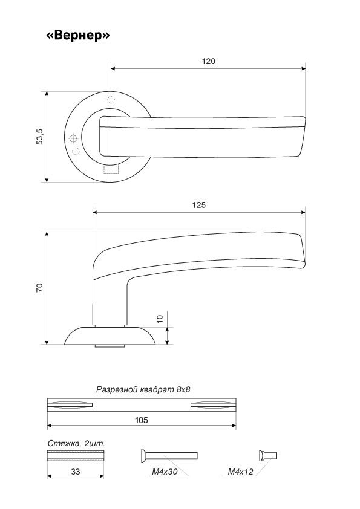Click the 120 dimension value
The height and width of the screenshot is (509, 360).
208,61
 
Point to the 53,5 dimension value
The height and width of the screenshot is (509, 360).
40,137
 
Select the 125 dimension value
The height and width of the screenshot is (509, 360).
199,205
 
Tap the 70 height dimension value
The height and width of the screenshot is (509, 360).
40,288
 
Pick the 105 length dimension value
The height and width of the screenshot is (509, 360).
142,420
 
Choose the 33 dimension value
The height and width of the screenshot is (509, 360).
76,472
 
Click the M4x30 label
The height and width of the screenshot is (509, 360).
165,472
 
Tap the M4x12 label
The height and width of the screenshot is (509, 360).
240,472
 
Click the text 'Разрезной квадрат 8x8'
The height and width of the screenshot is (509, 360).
143,389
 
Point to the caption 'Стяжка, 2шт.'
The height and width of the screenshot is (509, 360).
76,444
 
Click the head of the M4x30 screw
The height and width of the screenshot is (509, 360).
143,455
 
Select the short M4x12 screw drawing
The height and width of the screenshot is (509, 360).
267,455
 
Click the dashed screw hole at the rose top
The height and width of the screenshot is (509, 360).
111,99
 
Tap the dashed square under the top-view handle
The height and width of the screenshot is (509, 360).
111,169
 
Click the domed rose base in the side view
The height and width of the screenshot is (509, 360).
111,336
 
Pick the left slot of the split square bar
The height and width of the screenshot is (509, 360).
70,404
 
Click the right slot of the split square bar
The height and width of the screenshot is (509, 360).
213,404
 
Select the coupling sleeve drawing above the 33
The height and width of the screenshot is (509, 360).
76,456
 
